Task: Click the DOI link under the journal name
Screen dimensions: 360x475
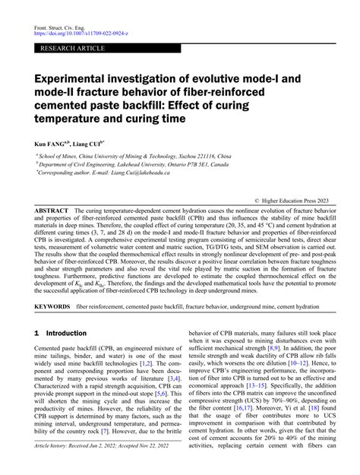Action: pyautogui.click(x=86, y=35)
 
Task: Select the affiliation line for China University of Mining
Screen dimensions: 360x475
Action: pyautogui.click(x=128, y=154)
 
